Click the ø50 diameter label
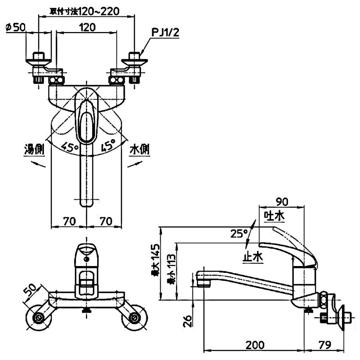[15, 28]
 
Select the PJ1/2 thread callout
[165, 32]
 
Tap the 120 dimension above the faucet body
[87, 27]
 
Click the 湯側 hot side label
[34, 150]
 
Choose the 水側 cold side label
[140, 150]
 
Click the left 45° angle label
[70, 146]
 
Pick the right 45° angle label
[108, 145]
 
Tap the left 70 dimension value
[69, 221]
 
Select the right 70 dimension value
[106, 221]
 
